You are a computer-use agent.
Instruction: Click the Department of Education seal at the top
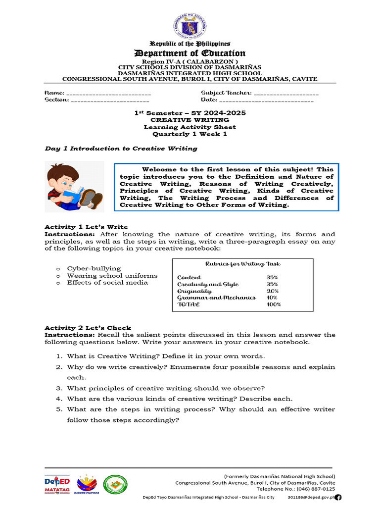pos(190,24)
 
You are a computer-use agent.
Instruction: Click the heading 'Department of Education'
pos(190,53)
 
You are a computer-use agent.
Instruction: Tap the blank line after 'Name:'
pos(108,94)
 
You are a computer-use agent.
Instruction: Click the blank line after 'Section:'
pos(103,101)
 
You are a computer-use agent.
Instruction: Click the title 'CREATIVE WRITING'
pos(190,120)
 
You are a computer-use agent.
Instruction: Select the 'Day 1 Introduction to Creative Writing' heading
pos(121,149)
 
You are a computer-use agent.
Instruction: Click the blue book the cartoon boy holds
pos(73,194)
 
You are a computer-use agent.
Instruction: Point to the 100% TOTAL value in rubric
pos(274,304)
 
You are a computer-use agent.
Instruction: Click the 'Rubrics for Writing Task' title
pos(242,264)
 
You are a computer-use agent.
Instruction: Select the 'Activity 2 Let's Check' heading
pos(88,328)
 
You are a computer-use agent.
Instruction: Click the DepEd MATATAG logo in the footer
pos(57,484)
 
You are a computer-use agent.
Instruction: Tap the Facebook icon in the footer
pos(338,497)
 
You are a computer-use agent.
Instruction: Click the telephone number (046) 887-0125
pos(315,489)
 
